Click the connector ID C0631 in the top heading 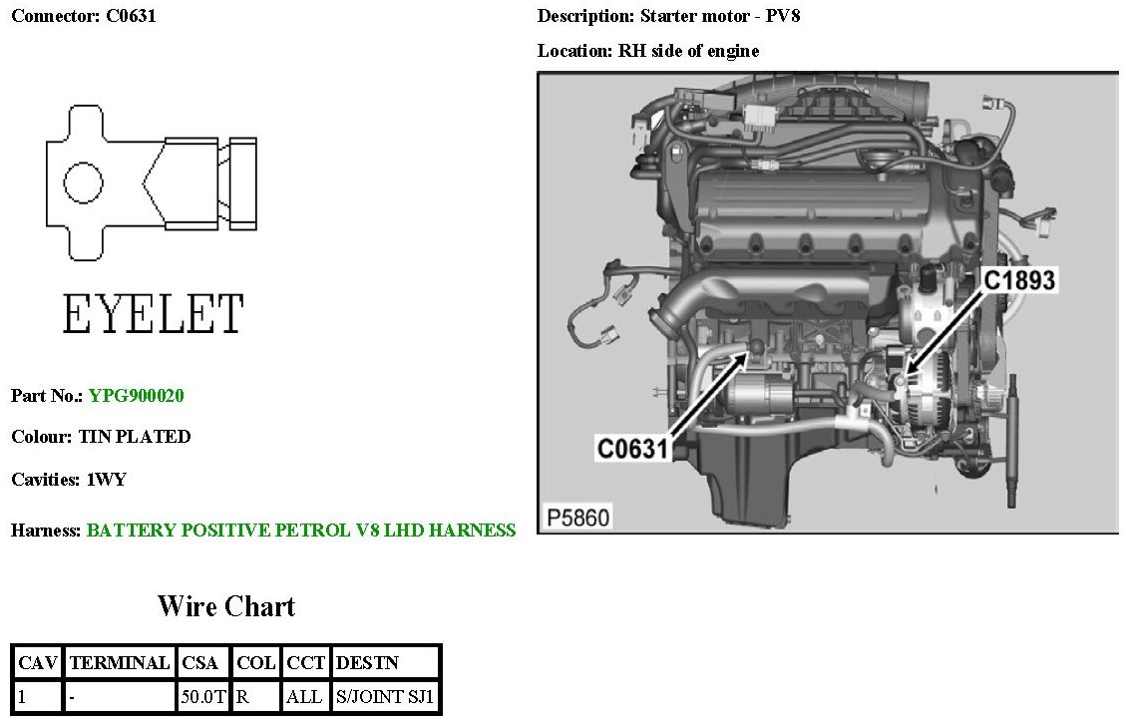(131, 16)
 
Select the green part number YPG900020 (137, 396)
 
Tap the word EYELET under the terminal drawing (153, 314)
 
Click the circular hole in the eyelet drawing (83, 182)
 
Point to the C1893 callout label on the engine (1019, 281)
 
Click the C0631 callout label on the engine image (631, 449)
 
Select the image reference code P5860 (578, 518)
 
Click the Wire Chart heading (226, 606)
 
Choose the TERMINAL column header (120, 662)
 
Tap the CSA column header (203, 662)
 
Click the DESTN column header (368, 662)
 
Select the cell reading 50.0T (203, 696)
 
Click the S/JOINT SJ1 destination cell (386, 696)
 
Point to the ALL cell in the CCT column (304, 696)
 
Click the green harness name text (301, 531)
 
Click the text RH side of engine (688, 51)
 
